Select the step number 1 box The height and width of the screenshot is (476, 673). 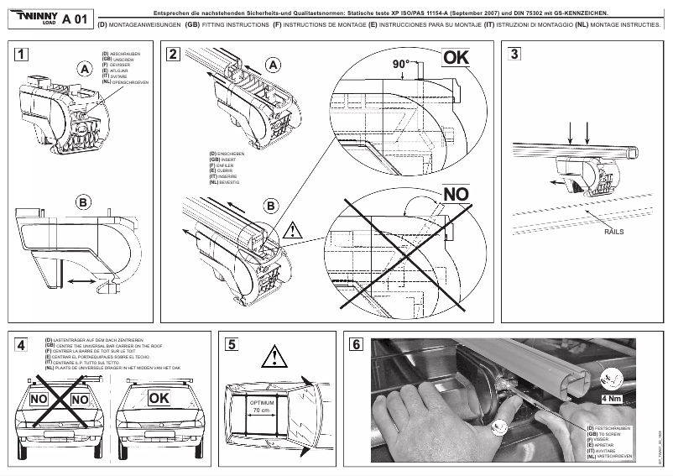click(x=22, y=55)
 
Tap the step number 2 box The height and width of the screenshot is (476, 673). click(x=173, y=55)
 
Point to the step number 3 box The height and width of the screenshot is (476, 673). click(x=515, y=55)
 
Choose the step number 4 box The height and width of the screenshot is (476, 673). click(x=22, y=344)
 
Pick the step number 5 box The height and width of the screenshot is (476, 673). click(x=232, y=344)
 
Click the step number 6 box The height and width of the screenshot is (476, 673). click(x=357, y=344)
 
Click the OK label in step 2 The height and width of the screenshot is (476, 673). click(x=457, y=58)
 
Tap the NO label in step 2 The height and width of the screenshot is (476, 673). click(x=456, y=195)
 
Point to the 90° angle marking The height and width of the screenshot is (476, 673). click(x=402, y=65)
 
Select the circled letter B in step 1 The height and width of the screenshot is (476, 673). click(x=83, y=201)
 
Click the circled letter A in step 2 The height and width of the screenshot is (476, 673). click(x=272, y=65)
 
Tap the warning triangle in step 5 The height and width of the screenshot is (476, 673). click(x=274, y=359)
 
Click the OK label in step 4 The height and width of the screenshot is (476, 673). click(x=160, y=396)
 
